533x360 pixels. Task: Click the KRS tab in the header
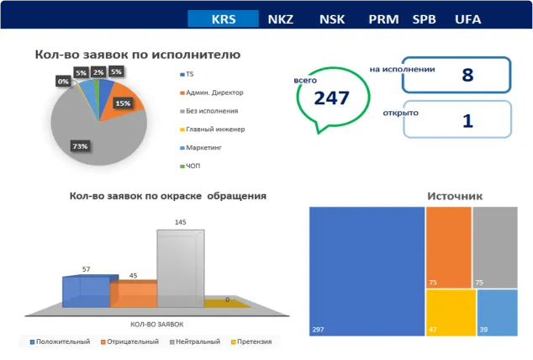(x=223, y=19)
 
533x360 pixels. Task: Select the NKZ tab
(x=280, y=19)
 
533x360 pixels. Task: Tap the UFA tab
(x=467, y=19)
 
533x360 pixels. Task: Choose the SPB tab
(x=425, y=19)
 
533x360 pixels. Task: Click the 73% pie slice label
(x=81, y=146)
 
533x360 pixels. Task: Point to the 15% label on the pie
(x=123, y=103)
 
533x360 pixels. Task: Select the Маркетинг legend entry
(x=205, y=147)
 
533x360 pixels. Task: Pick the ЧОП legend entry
(x=194, y=166)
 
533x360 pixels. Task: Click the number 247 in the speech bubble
(x=331, y=98)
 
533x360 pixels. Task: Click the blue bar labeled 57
(x=86, y=291)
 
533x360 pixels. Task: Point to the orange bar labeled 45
(x=133, y=294)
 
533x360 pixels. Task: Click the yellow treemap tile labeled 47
(x=449, y=313)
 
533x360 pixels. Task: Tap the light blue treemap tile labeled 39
(x=497, y=313)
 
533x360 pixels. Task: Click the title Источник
(x=455, y=196)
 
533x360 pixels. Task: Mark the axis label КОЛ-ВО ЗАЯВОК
(x=156, y=324)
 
